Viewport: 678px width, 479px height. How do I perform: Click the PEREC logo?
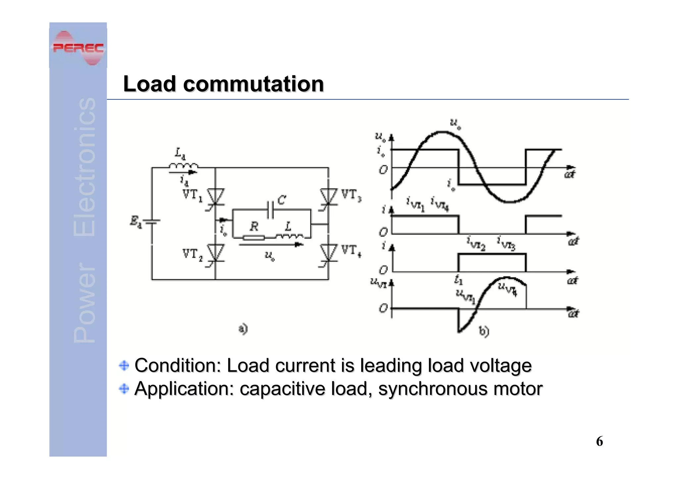click(78, 48)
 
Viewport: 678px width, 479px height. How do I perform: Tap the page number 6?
click(599, 441)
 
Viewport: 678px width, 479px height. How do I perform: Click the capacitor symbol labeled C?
click(270, 210)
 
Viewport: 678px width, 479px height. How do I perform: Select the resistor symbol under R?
click(254, 237)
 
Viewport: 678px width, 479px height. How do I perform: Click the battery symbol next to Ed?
click(152, 222)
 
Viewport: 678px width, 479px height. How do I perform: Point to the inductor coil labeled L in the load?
click(289, 236)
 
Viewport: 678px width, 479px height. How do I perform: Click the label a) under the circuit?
click(243, 329)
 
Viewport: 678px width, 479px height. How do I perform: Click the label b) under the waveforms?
click(484, 331)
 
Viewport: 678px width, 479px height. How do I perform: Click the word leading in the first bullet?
click(391, 366)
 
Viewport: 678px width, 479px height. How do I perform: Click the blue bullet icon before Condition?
click(124, 365)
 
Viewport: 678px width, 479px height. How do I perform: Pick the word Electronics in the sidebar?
click(84, 167)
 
